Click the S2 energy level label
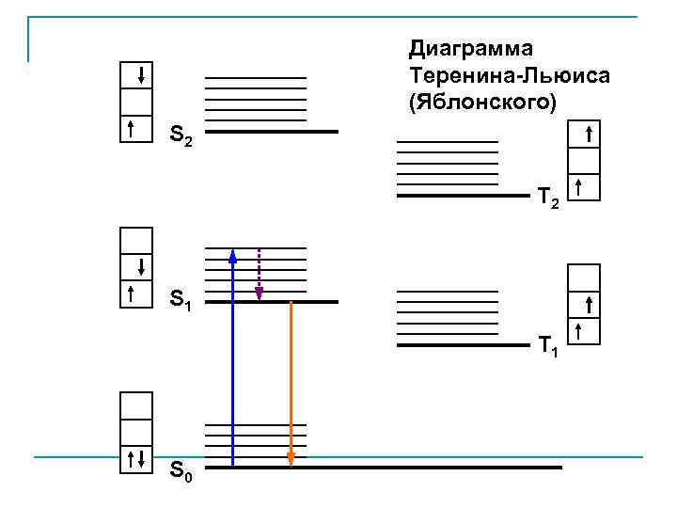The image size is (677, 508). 181,136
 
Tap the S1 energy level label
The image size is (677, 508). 181,303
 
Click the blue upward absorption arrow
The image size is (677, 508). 232,357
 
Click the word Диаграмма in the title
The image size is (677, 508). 469,47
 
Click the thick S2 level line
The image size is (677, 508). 272,132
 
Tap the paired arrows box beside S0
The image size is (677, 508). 136,459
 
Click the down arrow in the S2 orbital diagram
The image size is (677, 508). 140,75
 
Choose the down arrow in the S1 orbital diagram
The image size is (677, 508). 140,265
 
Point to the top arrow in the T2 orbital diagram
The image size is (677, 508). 588,135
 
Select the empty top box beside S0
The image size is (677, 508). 136,405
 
